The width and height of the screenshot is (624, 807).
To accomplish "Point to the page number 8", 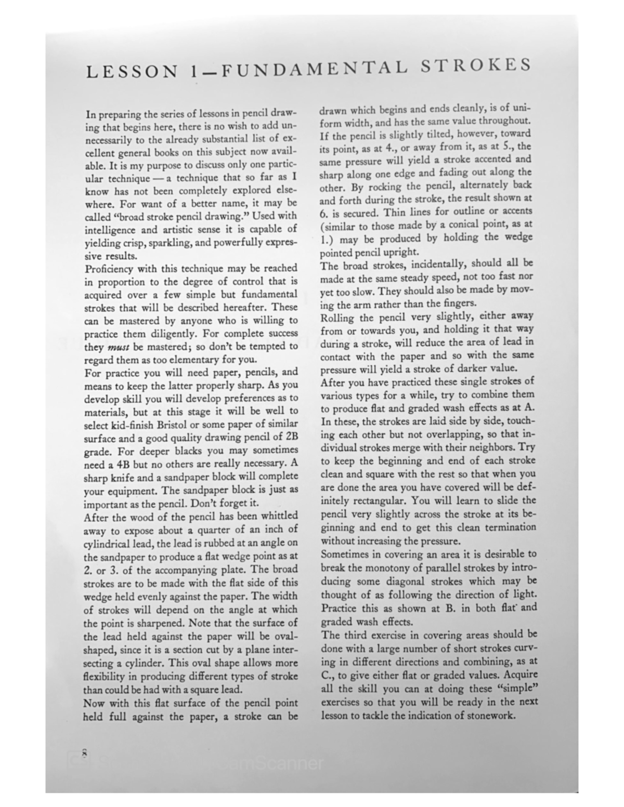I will click(83, 753).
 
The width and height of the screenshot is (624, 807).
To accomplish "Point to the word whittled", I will click(275, 516).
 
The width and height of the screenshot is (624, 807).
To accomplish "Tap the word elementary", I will click(197, 360).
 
